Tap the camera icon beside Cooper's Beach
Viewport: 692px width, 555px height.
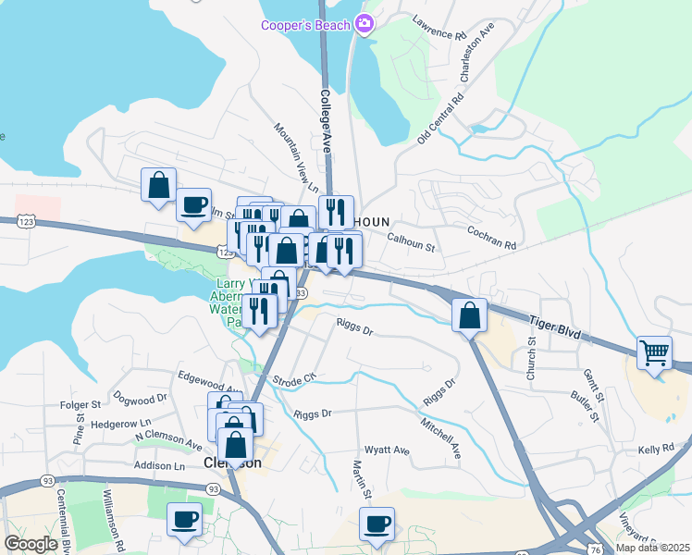coord(365,24)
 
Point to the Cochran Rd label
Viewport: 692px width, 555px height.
coord(490,238)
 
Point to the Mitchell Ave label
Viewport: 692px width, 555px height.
coord(440,437)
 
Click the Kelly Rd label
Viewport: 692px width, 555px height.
coord(655,449)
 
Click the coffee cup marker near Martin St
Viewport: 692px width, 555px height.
coord(377,524)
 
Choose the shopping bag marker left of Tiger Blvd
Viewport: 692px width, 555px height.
coord(470,314)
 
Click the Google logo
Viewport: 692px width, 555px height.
coord(31,544)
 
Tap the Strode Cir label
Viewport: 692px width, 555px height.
coord(295,378)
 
